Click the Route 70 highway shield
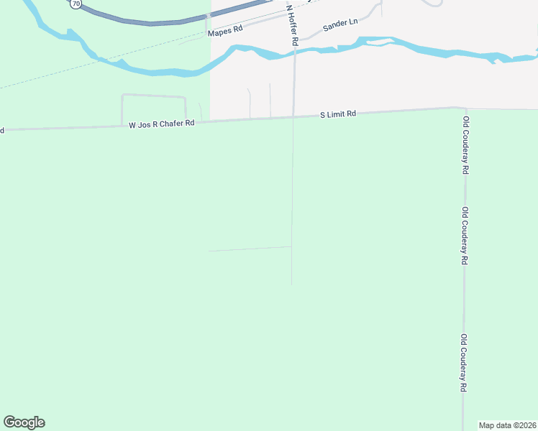(76, 4)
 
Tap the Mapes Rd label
(225, 32)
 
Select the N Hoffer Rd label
(292, 26)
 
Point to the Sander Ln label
(340, 25)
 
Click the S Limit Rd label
(338, 114)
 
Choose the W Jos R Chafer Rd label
(162, 124)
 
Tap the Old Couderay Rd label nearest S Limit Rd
(466, 145)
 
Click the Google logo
(24, 422)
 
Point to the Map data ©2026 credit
(508, 425)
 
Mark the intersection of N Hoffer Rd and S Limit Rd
(293, 116)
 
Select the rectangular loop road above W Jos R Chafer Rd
(153, 96)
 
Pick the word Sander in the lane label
(334, 26)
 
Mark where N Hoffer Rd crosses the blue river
(294, 50)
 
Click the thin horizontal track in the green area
(248, 249)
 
